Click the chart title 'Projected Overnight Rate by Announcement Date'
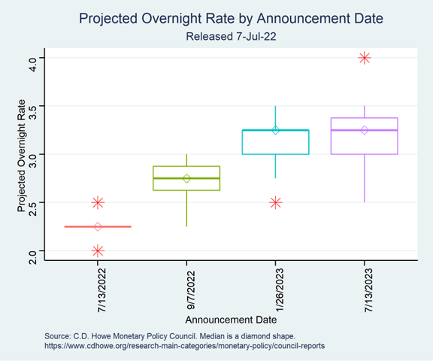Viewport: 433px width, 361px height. [x=231, y=19]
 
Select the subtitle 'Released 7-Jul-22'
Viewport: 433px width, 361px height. [x=231, y=37]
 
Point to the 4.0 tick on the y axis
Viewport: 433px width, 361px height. [x=33, y=64]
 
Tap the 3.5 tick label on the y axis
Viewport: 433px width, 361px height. [x=33, y=112]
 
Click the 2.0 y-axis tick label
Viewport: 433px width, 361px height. [x=33, y=257]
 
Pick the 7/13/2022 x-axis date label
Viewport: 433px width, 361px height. [x=102, y=290]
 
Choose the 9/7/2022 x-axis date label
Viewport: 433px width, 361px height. [x=191, y=290]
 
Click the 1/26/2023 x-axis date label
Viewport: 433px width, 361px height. [x=280, y=290]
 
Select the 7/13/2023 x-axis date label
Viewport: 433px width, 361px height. [x=368, y=290]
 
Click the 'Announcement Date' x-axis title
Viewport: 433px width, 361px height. [x=231, y=320]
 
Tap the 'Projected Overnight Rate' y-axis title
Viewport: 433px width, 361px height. [x=21, y=156]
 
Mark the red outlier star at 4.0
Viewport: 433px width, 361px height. [x=365, y=58]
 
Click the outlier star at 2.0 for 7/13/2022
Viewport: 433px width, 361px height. [x=98, y=251]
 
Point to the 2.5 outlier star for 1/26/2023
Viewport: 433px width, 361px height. [x=276, y=203]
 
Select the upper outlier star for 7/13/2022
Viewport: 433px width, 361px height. [x=98, y=203]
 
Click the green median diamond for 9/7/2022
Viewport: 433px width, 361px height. [x=186, y=178]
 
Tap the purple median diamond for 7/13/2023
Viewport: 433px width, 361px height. [x=365, y=130]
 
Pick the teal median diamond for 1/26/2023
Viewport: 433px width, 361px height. [x=276, y=130]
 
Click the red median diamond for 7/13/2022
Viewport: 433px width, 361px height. [x=98, y=227]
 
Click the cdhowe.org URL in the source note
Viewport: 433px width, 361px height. [x=184, y=346]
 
